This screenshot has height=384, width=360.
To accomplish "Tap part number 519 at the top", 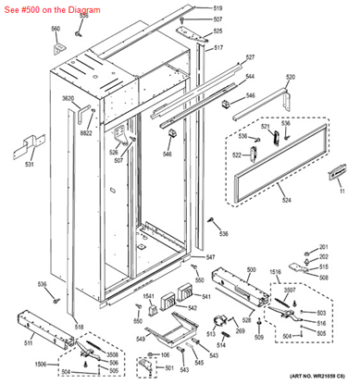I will [x=218, y=7].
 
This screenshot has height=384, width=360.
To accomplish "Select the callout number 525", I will [x=218, y=31].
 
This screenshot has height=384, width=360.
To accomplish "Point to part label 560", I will [x=55, y=29].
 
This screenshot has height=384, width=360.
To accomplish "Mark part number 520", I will [x=290, y=77].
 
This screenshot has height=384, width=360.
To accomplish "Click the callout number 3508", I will [x=112, y=354].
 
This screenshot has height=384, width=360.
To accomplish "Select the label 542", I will [x=192, y=307].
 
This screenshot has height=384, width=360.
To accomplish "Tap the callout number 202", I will [x=324, y=246].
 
